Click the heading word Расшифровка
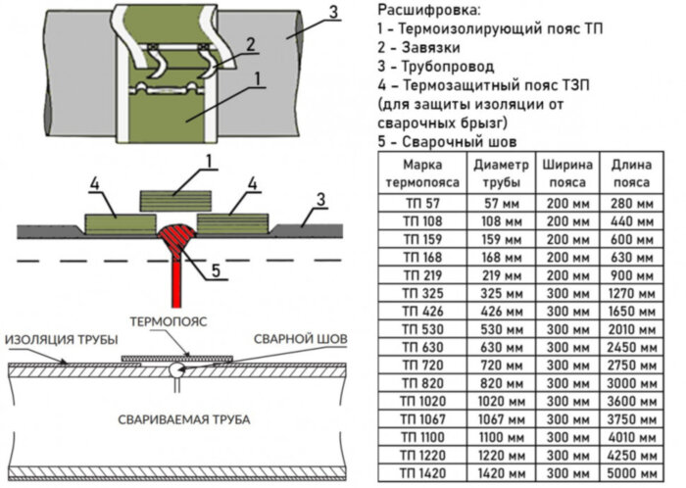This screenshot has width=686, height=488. [x=428, y=11]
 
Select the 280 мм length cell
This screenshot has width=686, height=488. [x=631, y=203]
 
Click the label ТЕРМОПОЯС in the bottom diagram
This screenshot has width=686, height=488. [x=176, y=321]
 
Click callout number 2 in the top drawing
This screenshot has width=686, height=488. [x=251, y=43]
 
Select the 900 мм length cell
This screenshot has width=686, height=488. [x=631, y=275]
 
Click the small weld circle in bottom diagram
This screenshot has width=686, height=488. [x=172, y=370]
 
